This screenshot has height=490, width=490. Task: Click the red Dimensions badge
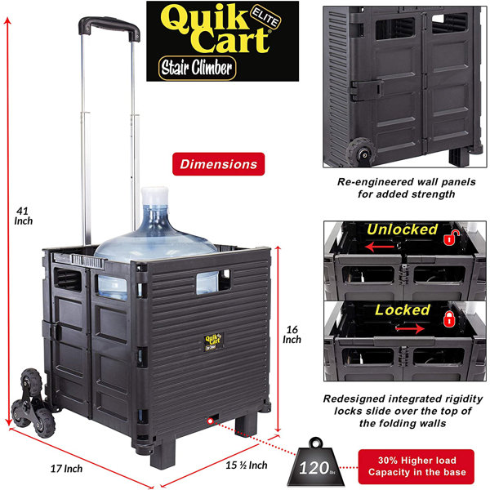click(218, 164)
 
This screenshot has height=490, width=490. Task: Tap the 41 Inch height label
click(23, 216)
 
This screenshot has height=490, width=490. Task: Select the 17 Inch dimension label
click(67, 469)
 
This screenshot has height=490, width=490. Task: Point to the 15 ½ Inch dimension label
click(247, 465)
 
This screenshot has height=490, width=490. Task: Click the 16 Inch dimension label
click(292, 334)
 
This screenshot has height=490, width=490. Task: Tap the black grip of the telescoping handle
click(109, 28)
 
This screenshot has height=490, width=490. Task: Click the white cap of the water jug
click(154, 196)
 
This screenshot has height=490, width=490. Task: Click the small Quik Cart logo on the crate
click(213, 341)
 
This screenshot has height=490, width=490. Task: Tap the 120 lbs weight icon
click(315, 462)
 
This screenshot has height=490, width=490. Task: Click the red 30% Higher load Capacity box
click(416, 466)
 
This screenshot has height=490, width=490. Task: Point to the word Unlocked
click(402, 229)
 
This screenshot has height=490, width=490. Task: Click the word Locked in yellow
click(403, 310)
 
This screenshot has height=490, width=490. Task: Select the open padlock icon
click(452, 237)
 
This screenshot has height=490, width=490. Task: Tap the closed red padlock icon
click(449, 318)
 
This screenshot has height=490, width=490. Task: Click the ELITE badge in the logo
click(265, 17)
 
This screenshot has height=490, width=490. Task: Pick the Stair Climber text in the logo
click(197, 68)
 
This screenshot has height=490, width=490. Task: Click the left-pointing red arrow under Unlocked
click(380, 247)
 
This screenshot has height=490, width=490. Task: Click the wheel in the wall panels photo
click(362, 152)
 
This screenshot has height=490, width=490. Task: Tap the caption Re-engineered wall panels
click(406, 182)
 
